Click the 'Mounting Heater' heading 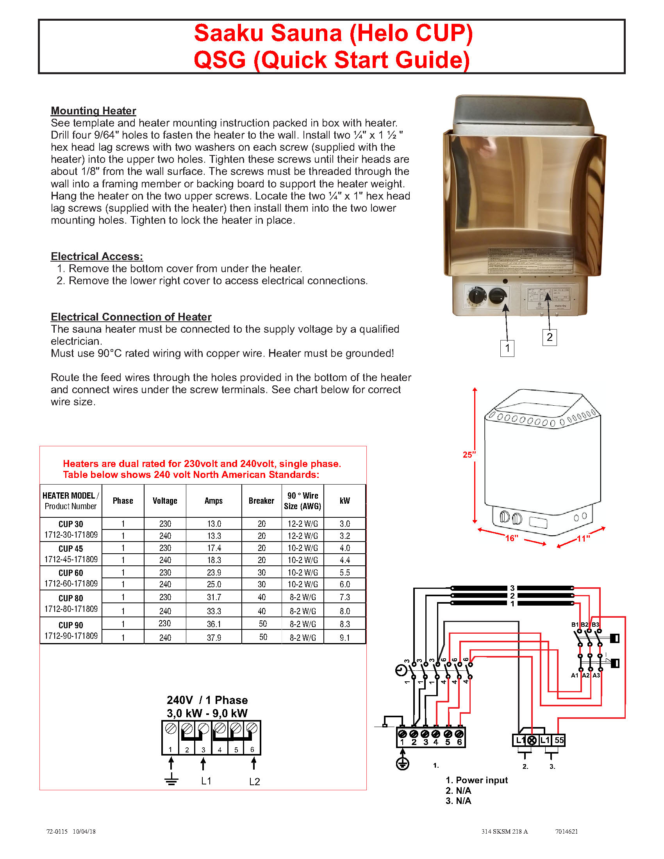93,110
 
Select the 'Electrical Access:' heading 97,256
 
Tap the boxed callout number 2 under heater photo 549,337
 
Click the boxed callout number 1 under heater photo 507,348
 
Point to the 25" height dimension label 469,454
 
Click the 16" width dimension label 512,538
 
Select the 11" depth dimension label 584,538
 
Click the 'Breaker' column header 261,501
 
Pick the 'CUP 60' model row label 71,573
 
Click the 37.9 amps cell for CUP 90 214,638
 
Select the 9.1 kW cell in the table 344,638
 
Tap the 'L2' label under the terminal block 255,782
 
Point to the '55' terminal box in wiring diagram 559,740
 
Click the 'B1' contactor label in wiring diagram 575,625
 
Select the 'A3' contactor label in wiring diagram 596,675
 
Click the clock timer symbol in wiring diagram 401,670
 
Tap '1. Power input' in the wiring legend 477,780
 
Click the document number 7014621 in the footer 566,831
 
